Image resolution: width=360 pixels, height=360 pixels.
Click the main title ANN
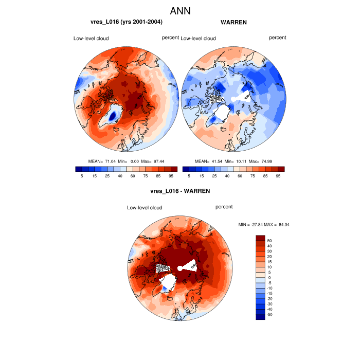coord(180,10)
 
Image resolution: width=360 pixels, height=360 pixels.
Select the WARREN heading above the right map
coord(233,22)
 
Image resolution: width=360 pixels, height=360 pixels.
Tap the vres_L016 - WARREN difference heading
coord(180,191)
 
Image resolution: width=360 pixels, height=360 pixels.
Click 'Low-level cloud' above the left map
coord(91,39)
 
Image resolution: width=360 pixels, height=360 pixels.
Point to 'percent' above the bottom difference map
coord(224,207)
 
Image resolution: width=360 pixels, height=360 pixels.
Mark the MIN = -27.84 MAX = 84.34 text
coord(264,225)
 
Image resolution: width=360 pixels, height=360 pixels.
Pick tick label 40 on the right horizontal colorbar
coord(227,176)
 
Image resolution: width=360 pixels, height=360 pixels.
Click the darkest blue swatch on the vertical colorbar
coord(260,316)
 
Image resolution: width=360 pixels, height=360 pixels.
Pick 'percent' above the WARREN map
coord(278,38)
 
